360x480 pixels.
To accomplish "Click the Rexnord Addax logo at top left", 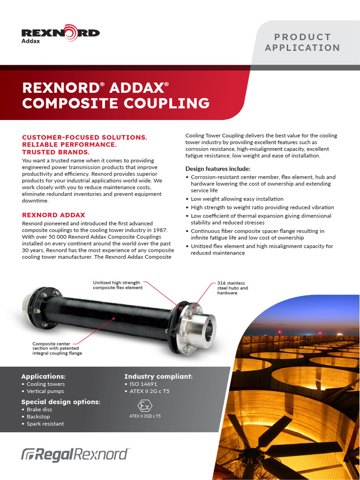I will [60, 35].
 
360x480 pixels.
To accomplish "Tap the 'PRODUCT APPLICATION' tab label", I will [302, 42].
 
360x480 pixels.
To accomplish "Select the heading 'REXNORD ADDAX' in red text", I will [54, 215].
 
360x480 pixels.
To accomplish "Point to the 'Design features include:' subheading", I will [218, 169].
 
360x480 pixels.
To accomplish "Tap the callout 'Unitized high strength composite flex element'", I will [117, 285].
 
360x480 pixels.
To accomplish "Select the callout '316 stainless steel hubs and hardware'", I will [232, 288].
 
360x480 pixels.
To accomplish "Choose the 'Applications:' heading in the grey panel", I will [44, 376].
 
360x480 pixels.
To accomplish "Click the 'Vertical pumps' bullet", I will [45, 391].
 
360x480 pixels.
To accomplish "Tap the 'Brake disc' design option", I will [39, 410].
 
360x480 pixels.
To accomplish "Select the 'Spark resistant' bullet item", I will [45, 424].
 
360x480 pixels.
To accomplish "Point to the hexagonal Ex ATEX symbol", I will [145, 405].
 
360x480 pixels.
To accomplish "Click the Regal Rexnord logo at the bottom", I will [75, 454].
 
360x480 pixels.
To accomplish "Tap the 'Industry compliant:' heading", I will [158, 376].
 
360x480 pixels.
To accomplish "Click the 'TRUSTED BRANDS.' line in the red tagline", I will [56, 152].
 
